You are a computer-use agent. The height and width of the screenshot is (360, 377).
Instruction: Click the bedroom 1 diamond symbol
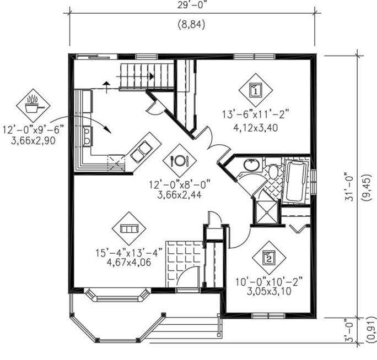256,90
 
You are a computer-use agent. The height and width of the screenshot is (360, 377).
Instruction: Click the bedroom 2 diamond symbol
269,258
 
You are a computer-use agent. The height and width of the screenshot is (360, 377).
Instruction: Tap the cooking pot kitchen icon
33,106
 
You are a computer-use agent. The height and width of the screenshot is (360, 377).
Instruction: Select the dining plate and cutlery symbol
180,160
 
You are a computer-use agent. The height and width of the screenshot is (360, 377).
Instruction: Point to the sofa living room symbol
129,228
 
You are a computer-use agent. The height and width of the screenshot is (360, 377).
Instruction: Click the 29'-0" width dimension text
192,5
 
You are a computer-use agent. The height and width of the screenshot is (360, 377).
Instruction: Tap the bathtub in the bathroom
296,181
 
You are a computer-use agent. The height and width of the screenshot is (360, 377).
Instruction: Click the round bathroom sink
251,165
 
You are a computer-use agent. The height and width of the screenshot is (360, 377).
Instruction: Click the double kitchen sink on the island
141,151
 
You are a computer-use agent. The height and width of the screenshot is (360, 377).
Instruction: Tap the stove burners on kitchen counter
87,137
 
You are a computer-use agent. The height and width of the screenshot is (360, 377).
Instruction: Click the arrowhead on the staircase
152,77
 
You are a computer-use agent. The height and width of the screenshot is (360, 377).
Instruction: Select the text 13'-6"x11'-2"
255,114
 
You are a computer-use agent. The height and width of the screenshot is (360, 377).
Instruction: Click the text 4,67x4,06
129,262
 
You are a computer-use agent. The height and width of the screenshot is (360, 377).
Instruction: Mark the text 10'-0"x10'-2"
269,281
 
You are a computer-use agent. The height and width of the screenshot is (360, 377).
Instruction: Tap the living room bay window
117,294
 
